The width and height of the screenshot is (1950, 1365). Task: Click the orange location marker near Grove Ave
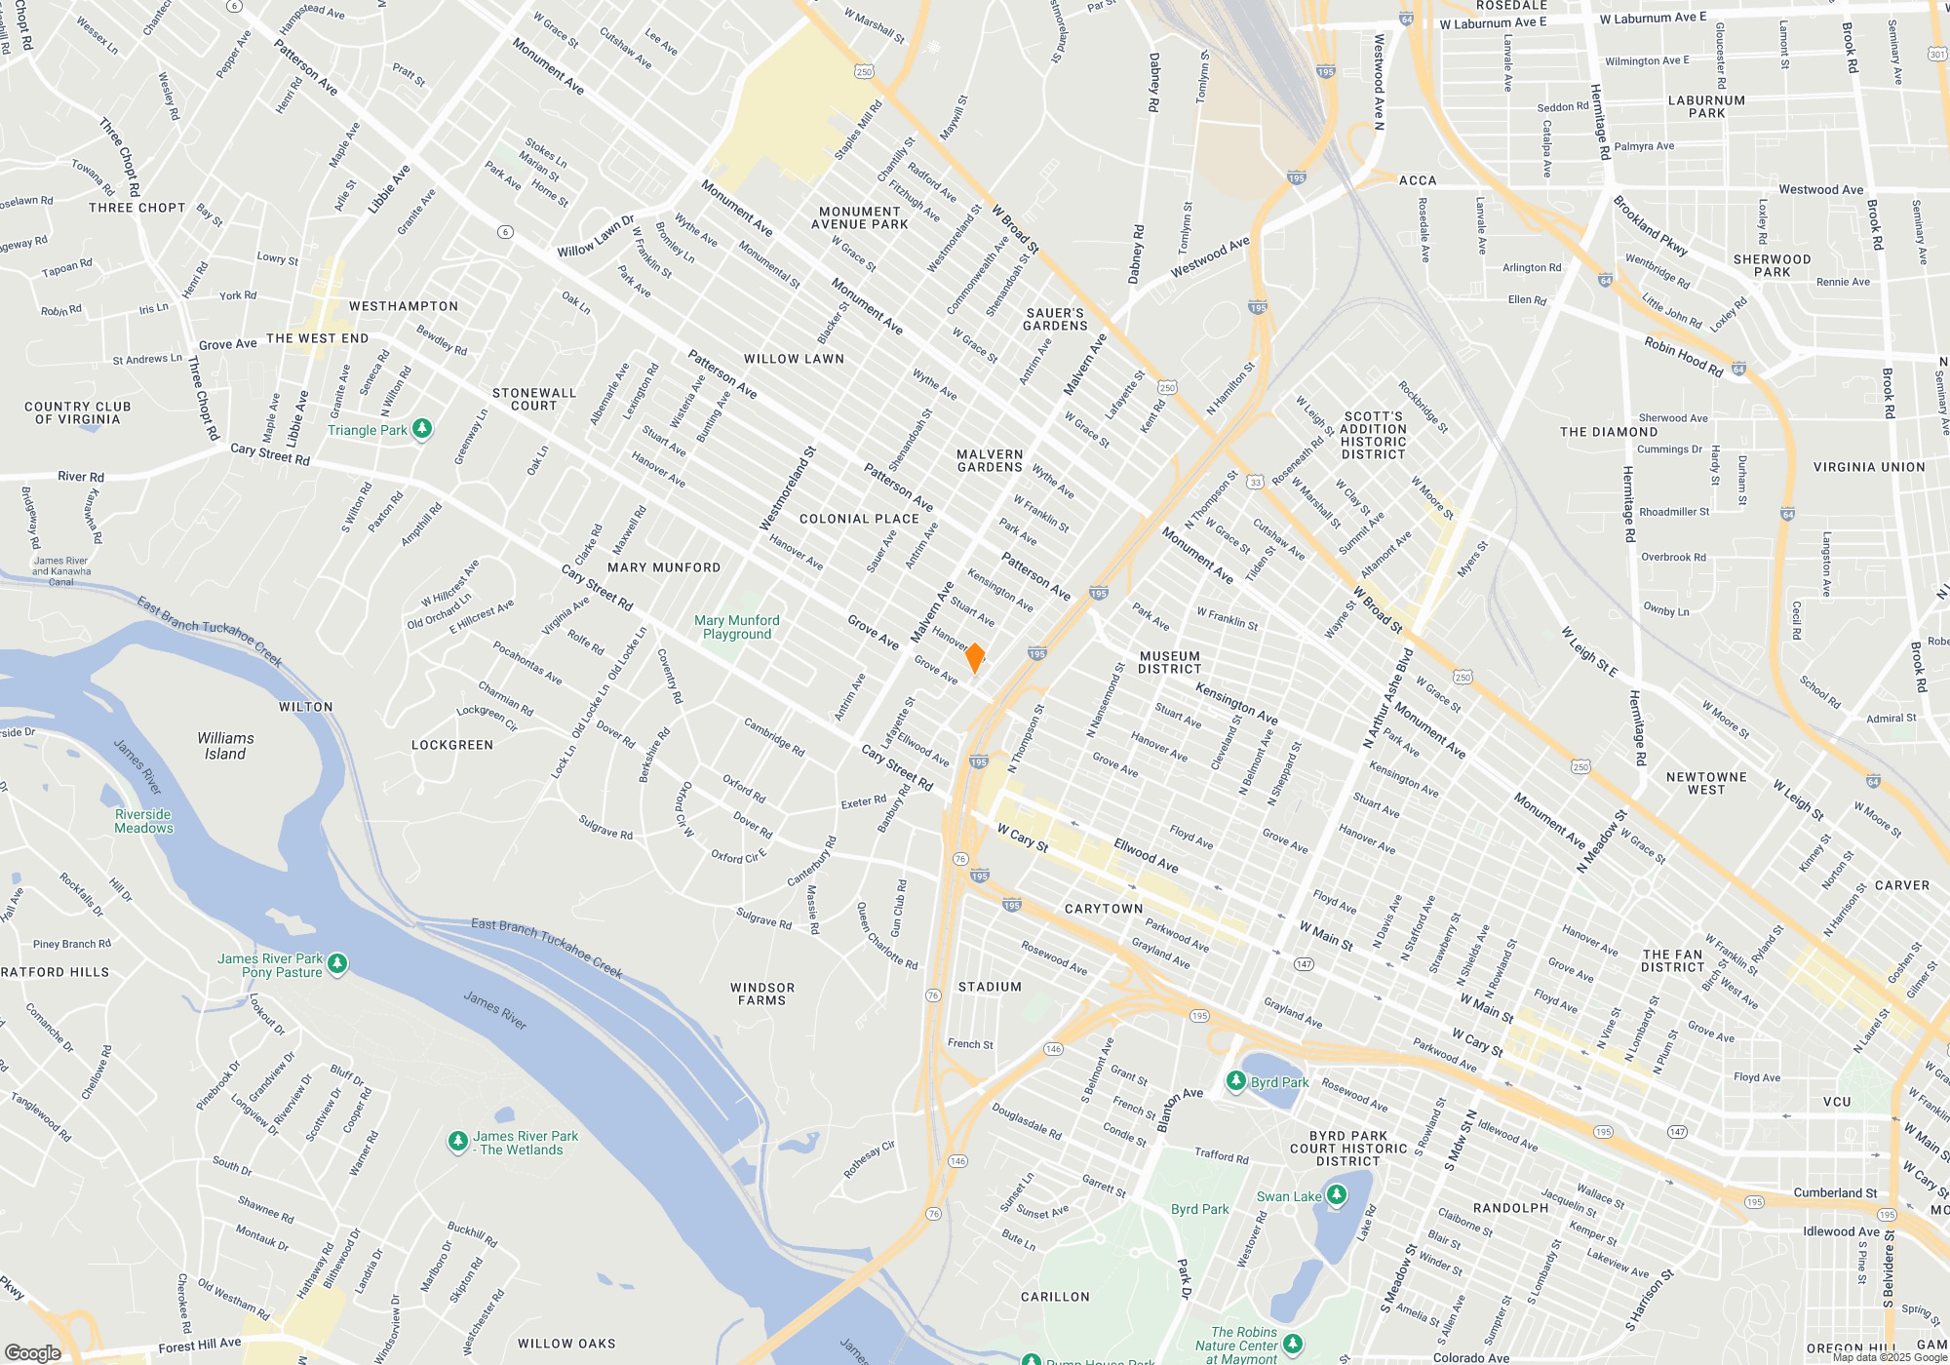(x=974, y=658)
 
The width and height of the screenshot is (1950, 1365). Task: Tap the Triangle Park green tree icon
(x=422, y=429)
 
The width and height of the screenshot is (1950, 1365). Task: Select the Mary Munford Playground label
(x=737, y=627)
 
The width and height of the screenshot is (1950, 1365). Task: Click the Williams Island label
(x=225, y=746)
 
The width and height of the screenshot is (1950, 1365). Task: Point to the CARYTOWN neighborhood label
(x=1104, y=909)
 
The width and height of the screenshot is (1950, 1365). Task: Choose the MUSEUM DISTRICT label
(x=1170, y=662)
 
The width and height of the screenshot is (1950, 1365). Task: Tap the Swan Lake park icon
(x=1337, y=1194)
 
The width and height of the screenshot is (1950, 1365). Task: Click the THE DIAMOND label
(x=1609, y=432)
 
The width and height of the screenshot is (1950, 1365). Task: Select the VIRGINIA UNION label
(x=1869, y=467)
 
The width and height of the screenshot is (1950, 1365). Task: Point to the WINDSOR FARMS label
(x=762, y=994)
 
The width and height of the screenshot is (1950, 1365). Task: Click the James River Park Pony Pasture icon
(x=337, y=964)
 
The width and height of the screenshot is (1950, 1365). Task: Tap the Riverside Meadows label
(x=143, y=821)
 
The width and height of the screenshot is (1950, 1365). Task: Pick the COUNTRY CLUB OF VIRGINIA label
(x=78, y=412)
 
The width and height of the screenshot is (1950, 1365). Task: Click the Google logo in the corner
(x=33, y=1352)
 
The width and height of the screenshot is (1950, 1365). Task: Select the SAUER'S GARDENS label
(x=1055, y=319)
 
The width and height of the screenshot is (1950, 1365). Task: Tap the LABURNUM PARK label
(x=1706, y=106)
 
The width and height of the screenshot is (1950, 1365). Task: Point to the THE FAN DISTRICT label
(x=1672, y=960)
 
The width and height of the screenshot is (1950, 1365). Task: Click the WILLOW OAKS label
(x=566, y=1344)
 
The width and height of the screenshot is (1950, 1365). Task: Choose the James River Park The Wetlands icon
(x=457, y=1142)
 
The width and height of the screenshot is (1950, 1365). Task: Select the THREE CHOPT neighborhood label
(x=136, y=208)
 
